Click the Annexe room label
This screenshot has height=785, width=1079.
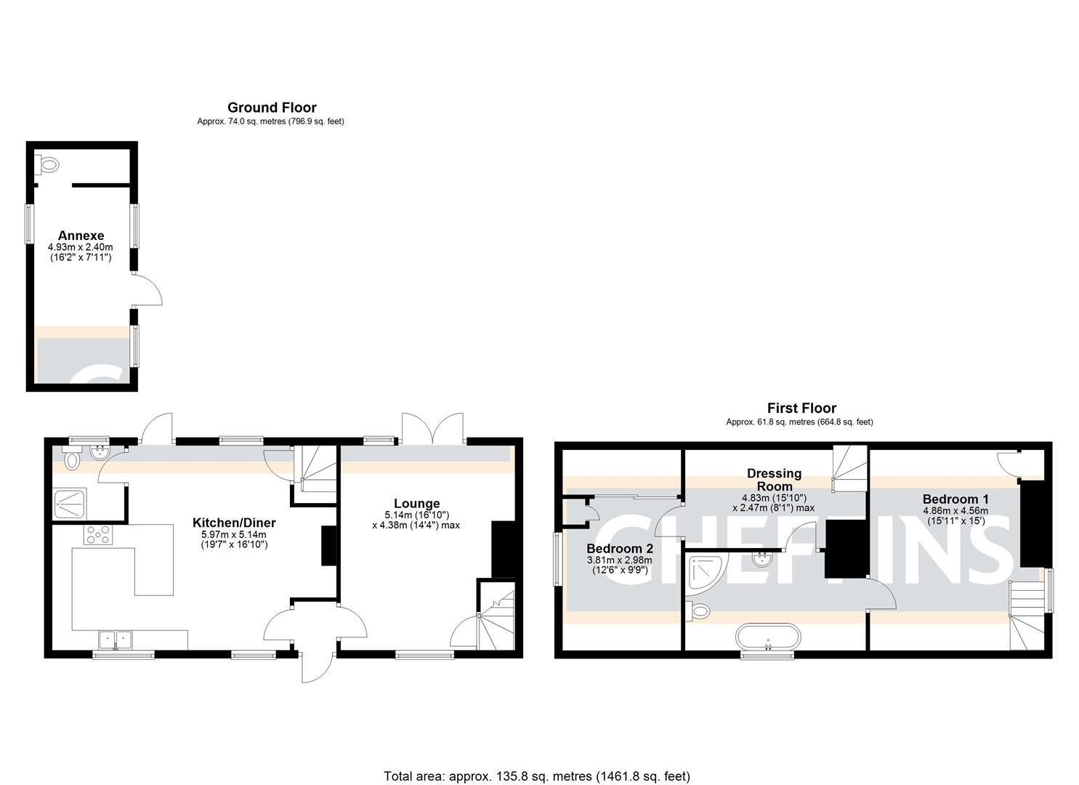click(81, 235)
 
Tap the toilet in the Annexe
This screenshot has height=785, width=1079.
click(48, 165)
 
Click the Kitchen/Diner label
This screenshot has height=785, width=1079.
click(234, 523)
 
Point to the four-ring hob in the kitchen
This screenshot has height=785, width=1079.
click(99, 535)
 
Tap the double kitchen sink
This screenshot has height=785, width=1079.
click(116, 640)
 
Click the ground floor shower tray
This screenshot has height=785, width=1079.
click(70, 503)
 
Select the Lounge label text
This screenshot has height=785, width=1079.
click(416, 503)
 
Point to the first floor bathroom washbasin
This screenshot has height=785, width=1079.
click(764, 560)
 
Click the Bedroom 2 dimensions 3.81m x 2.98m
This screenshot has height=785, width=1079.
click(619, 560)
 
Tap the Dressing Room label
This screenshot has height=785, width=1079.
click(775, 480)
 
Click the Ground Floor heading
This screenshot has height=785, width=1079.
click(272, 108)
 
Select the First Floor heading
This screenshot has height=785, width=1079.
click(801, 408)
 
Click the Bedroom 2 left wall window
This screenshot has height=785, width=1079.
click(557, 559)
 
